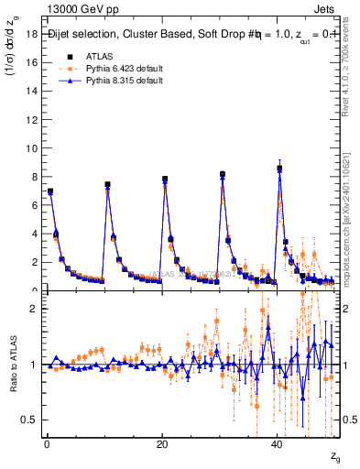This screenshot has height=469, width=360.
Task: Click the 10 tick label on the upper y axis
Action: point(31,148)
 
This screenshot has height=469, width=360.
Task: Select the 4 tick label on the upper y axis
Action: point(34,234)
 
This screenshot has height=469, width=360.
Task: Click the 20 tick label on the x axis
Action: point(161,444)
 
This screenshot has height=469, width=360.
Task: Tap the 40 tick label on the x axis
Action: point(277,444)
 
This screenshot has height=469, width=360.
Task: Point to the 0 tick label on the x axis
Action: point(47,444)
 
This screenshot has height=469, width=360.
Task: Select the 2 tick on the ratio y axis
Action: point(34,309)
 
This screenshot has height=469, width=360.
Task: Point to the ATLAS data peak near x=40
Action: point(279,169)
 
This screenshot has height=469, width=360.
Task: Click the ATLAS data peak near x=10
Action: point(107,184)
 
